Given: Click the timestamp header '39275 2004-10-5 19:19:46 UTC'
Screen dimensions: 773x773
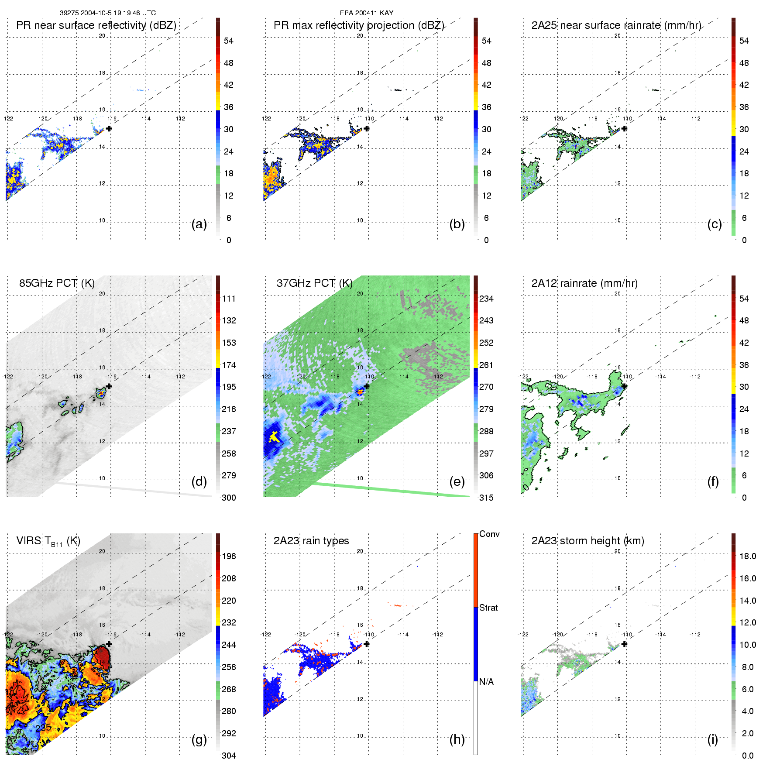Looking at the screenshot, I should (107, 13).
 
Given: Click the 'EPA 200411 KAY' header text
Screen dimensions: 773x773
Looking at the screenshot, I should (366, 13).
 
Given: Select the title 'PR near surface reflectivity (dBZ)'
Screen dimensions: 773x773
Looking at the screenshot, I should (96, 25).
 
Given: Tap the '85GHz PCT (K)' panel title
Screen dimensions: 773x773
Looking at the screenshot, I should (57, 283).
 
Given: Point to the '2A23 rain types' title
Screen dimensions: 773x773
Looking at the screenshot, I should (311, 541).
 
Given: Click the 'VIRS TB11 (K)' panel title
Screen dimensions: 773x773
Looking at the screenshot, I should (48, 541).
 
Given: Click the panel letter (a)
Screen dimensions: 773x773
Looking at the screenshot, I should (199, 224).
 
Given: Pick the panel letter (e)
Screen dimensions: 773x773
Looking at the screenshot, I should (457, 482).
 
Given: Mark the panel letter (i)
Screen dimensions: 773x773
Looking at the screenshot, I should (712, 739).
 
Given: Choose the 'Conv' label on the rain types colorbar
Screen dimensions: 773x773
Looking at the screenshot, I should (489, 534).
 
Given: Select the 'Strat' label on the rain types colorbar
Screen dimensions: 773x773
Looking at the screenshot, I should (488, 608).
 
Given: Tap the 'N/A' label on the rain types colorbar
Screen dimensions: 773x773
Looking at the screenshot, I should (486, 682).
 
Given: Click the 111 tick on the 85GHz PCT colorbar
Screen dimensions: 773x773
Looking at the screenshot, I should (229, 299).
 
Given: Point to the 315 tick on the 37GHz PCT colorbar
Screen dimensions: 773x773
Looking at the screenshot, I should (486, 498).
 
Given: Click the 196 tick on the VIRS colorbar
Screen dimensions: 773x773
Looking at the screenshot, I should (229, 556).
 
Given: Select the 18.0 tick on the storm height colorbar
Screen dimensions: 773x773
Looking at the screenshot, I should (747, 556).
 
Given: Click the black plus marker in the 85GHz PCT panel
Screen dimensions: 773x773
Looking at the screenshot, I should (109, 386).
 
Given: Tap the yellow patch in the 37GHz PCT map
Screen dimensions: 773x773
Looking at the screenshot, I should (274, 436).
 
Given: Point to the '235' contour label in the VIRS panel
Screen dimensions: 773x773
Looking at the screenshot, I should (44, 728).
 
